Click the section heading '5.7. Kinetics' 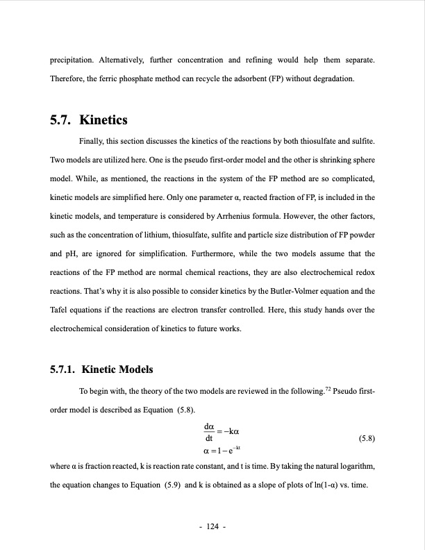[x=89, y=120]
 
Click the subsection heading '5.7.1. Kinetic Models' [x=101, y=369]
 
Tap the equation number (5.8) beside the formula [x=366, y=439]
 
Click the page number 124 [x=212, y=527]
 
